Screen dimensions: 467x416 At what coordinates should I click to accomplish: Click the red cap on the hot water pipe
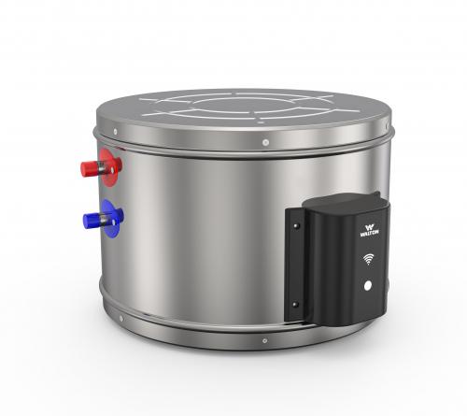(x=90, y=169)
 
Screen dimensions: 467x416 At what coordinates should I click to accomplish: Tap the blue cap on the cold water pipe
(x=92, y=221)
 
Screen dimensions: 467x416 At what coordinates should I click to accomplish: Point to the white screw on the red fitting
(x=112, y=169)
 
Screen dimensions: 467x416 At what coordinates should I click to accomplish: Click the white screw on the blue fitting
(x=114, y=222)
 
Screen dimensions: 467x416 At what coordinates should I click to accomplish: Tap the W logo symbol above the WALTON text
(x=370, y=226)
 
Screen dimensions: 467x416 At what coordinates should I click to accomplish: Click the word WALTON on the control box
(x=370, y=233)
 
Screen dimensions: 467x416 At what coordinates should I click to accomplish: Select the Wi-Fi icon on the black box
(x=369, y=259)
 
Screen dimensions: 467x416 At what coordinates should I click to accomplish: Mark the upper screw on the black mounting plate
(x=295, y=225)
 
